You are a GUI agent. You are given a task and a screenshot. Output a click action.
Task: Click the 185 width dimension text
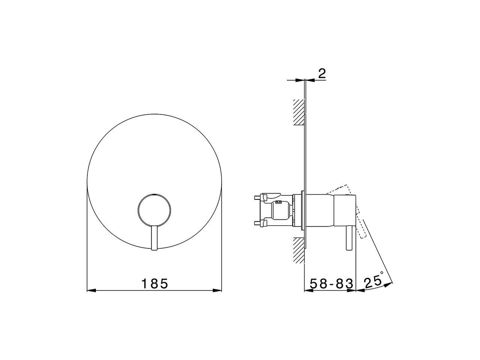[x=154, y=283]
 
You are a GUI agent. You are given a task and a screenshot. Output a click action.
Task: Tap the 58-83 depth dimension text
[x=328, y=283]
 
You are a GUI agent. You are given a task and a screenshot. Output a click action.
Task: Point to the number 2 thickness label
[x=321, y=74]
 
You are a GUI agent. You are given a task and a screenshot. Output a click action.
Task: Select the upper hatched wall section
[x=298, y=112]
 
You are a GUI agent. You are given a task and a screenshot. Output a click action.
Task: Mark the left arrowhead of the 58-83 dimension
[x=307, y=291]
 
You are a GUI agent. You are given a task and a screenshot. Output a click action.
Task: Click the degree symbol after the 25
[x=382, y=273]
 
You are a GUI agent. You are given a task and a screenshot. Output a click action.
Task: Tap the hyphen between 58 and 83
[x=328, y=284]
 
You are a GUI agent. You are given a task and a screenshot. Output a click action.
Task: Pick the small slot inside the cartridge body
[x=278, y=202]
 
